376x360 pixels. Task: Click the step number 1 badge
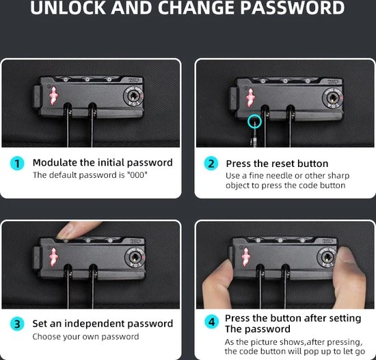[x=17, y=164]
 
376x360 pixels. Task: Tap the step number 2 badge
[x=211, y=164]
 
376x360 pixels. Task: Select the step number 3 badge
[x=17, y=324]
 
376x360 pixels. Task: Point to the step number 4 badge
[x=211, y=322]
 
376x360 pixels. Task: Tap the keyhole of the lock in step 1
[x=133, y=97]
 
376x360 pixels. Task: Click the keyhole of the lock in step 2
[x=332, y=98]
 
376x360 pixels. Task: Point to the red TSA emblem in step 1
[x=53, y=96]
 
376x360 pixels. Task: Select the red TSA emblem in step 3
[x=53, y=257]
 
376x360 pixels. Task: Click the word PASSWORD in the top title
[x=292, y=8]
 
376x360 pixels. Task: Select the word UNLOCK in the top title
[x=68, y=8]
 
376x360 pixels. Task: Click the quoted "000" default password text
[x=137, y=175]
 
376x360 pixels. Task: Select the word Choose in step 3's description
[x=46, y=337]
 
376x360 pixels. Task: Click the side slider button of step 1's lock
[x=37, y=97]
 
